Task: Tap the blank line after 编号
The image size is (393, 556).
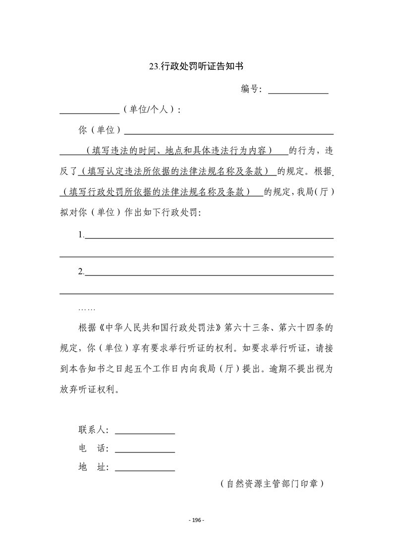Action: click(x=298, y=92)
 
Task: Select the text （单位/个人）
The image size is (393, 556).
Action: click(x=151, y=111)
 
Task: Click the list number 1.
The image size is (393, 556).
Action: click(x=81, y=235)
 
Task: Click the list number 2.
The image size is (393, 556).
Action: click(x=81, y=272)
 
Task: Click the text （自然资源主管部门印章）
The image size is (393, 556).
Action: click(x=272, y=484)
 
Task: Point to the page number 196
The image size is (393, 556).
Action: click(x=197, y=520)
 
